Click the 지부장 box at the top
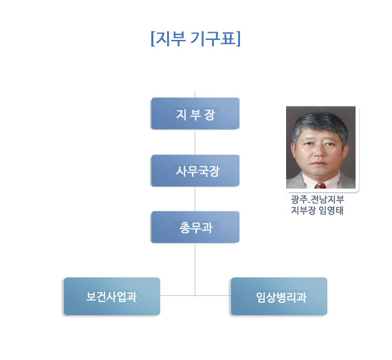coord(195,114)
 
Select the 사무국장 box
coord(195,171)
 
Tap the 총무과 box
coord(195,227)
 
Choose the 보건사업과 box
coord(112,296)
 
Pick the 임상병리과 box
coord(279,296)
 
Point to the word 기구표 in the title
coord(213,39)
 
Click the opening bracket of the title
coord(153,39)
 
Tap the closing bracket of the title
coord(238,39)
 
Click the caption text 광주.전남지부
coord(317,200)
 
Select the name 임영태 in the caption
coord(331,211)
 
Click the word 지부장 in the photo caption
coord(303,211)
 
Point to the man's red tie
coord(320,186)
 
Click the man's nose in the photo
coord(318,152)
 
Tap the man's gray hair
coord(320,123)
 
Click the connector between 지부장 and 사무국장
coord(195,142)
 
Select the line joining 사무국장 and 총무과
coord(195,199)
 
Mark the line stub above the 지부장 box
coord(195,94)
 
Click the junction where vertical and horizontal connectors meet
coord(195,295)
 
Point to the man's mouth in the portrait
coord(318,162)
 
